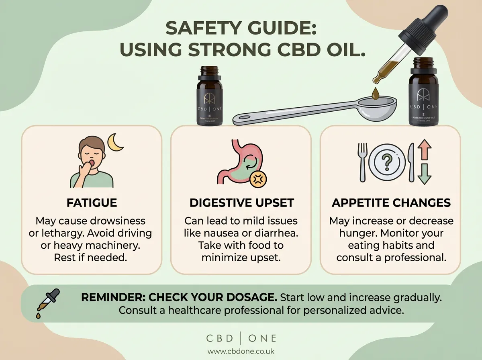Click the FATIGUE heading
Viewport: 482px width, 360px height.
tap(92, 202)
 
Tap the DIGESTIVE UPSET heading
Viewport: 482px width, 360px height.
tap(241, 202)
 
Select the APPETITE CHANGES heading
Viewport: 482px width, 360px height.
tap(391, 202)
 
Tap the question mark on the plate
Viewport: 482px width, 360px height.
tap(387, 162)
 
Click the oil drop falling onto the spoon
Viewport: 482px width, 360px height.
tap(376, 94)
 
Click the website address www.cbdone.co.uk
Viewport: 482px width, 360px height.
tap(241, 351)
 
